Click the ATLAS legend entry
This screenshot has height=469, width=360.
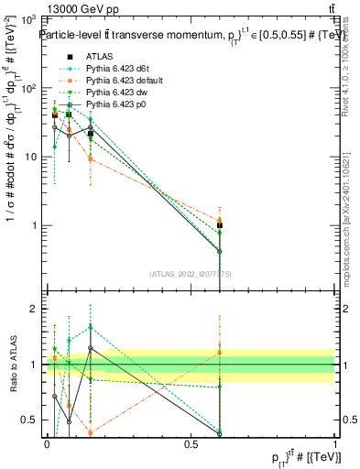(x=98, y=56)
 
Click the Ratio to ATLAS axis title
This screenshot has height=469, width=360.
(x=12, y=365)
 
